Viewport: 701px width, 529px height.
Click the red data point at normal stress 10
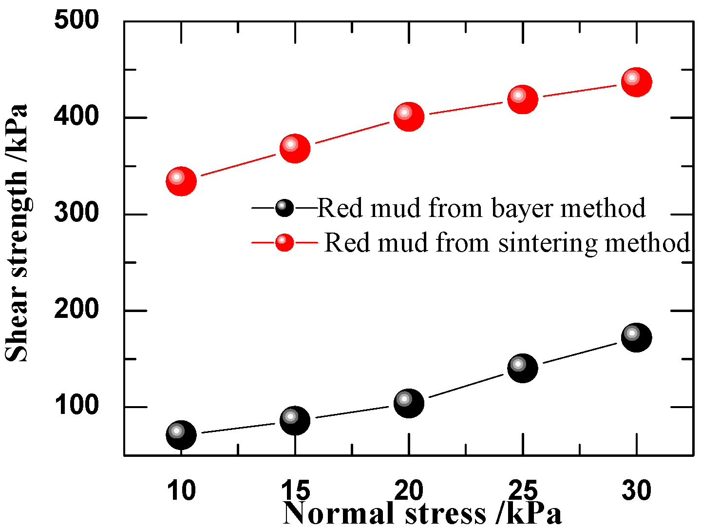coord(181,181)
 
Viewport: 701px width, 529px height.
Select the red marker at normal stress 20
coord(409,117)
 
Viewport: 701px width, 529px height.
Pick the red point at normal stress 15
coord(295,148)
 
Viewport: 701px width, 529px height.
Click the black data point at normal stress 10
coord(181,434)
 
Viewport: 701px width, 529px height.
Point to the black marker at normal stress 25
coord(522,368)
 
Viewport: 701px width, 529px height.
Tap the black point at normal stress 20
coord(409,403)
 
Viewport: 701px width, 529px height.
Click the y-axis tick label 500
coord(76,20)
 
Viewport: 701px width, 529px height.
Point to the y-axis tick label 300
coord(76,213)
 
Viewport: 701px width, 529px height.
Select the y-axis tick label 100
coord(76,406)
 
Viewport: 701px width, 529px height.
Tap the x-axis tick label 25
coord(522,490)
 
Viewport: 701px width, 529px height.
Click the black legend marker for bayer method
coord(284,208)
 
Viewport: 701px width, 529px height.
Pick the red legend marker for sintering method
coord(284,242)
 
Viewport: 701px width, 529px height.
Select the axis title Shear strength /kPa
coord(17,233)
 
